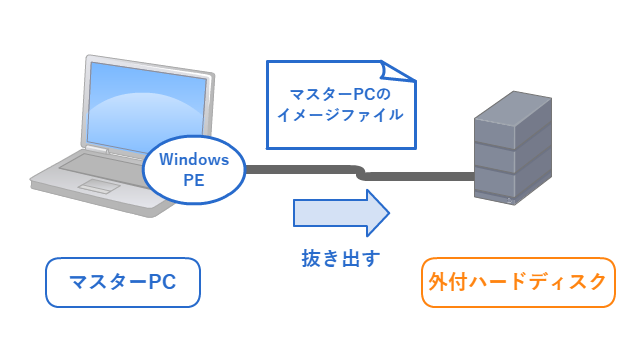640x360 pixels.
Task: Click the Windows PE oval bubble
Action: (x=194, y=170)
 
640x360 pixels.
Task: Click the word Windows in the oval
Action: (x=194, y=159)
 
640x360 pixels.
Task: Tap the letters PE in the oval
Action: (x=194, y=181)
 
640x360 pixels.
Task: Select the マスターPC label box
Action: (x=122, y=283)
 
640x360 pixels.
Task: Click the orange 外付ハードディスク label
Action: (x=518, y=282)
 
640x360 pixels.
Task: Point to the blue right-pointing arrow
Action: (x=340, y=212)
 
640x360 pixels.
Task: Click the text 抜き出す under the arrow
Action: (x=341, y=258)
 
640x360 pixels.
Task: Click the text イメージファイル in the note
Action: (x=340, y=115)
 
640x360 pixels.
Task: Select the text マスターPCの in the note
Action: (x=340, y=94)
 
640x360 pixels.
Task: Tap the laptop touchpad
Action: (x=99, y=185)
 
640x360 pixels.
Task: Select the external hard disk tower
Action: (x=512, y=150)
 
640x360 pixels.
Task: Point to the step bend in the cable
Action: (x=361, y=172)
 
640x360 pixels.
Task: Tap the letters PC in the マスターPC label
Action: (x=161, y=283)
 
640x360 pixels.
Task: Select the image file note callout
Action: (x=340, y=104)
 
